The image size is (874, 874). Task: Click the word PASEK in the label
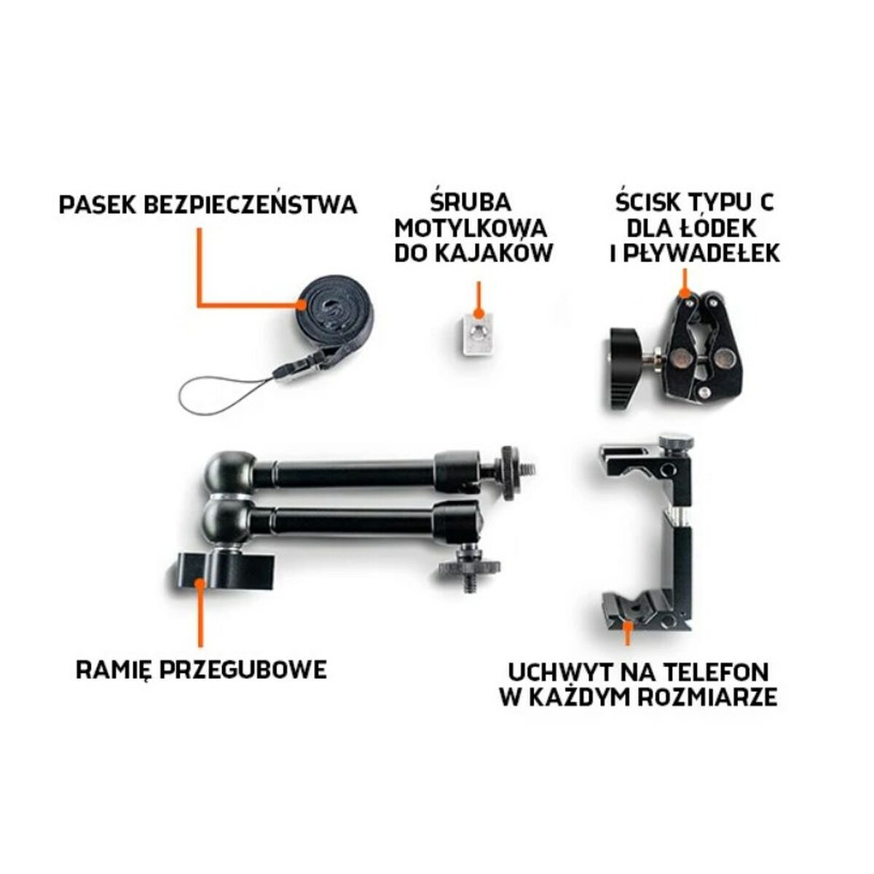click(x=98, y=205)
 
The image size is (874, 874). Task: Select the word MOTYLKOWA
click(x=471, y=229)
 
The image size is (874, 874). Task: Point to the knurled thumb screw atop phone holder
click(x=676, y=441)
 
